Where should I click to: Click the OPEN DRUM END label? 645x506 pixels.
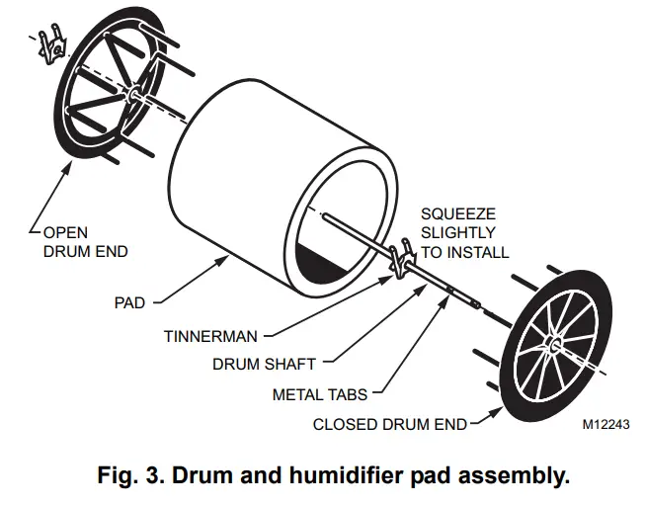pos(85,242)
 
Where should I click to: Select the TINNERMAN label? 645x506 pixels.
pos(210,336)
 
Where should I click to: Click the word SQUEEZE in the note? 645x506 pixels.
pos(458,213)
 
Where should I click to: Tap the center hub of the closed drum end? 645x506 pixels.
pos(556,346)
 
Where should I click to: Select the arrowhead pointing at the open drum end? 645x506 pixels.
pos(67,164)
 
